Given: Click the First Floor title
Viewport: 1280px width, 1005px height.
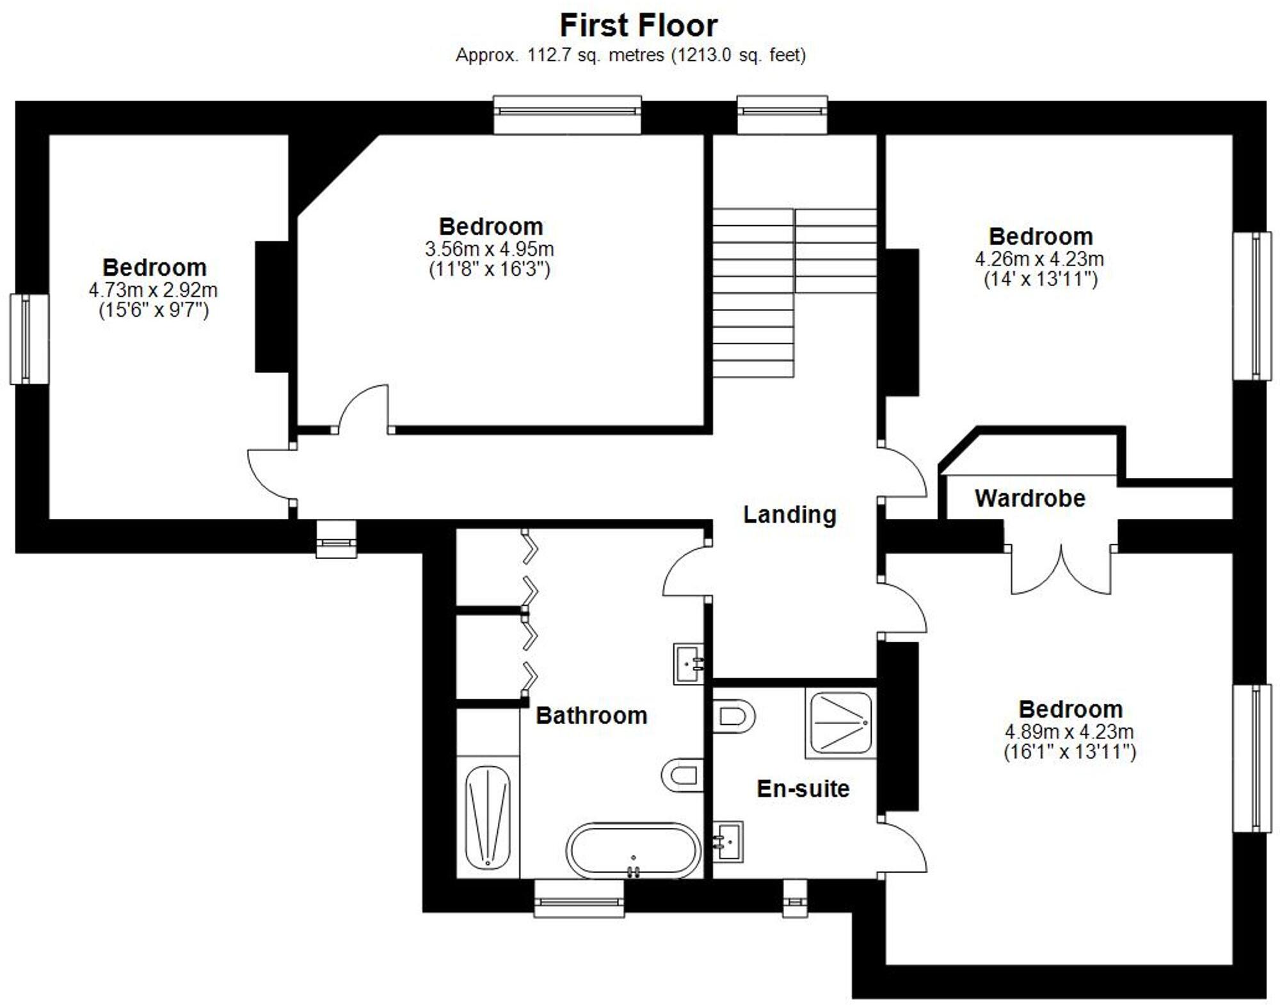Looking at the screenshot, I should (x=638, y=26).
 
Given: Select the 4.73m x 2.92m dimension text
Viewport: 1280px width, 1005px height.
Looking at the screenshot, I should (x=153, y=290).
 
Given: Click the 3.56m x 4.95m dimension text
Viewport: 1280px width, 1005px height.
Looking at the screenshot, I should (x=489, y=249).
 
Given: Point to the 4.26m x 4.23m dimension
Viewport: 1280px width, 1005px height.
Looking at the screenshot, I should (x=1039, y=259).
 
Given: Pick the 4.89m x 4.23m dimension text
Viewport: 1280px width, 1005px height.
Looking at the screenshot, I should (x=1069, y=731).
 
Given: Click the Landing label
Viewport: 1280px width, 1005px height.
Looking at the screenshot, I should (x=789, y=514).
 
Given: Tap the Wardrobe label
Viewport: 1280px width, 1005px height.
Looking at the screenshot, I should (x=1030, y=498).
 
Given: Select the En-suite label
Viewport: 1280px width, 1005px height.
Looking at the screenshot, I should (x=803, y=789).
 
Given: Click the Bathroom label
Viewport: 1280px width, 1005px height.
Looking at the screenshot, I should (x=591, y=715).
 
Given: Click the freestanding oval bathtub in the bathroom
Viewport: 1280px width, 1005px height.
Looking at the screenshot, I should (x=633, y=850).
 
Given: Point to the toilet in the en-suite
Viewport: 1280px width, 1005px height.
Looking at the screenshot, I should (x=733, y=716).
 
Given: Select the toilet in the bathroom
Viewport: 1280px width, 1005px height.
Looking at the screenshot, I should (x=682, y=775).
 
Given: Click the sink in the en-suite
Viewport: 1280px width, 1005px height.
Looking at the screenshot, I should (x=728, y=841).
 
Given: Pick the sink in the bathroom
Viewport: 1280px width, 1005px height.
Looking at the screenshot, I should (x=689, y=663).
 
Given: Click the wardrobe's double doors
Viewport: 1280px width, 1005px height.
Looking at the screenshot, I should (x=1060, y=569).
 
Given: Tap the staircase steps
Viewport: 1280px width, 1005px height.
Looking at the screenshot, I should (x=754, y=294).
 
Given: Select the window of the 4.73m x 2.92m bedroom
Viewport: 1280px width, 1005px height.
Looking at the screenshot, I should (x=29, y=339).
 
